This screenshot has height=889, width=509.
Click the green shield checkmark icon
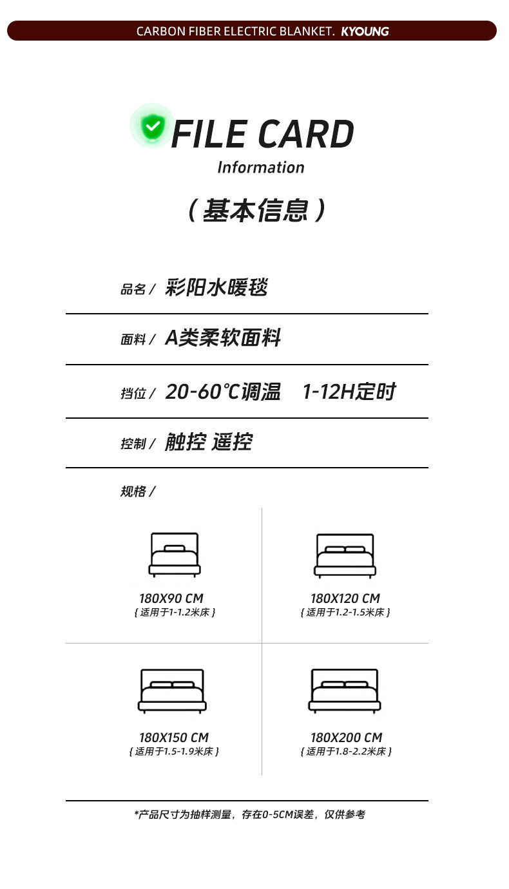(153, 126)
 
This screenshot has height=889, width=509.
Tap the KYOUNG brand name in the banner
(365, 32)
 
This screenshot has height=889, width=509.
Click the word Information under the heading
(260, 167)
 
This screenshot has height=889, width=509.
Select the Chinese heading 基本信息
(257, 211)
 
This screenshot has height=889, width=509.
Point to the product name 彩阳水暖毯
(216, 287)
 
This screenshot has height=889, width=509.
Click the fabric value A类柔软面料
(223, 338)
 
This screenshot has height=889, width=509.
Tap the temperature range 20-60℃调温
(223, 392)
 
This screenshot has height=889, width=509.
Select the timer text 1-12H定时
(349, 392)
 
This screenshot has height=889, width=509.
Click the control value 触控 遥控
(208, 443)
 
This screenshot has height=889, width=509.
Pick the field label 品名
(133, 289)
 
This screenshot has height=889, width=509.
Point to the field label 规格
(133, 492)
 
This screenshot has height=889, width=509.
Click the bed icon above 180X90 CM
(174, 555)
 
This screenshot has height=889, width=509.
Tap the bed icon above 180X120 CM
(345, 555)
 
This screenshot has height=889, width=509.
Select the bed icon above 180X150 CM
(172, 691)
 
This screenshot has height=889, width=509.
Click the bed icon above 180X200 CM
(345, 691)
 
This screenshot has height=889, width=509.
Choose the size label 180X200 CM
(346, 738)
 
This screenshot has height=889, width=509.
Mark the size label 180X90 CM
(171, 598)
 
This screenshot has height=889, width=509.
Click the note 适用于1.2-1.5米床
(345, 613)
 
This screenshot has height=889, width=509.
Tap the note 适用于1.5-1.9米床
(174, 752)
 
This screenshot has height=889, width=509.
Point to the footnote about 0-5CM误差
(249, 815)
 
